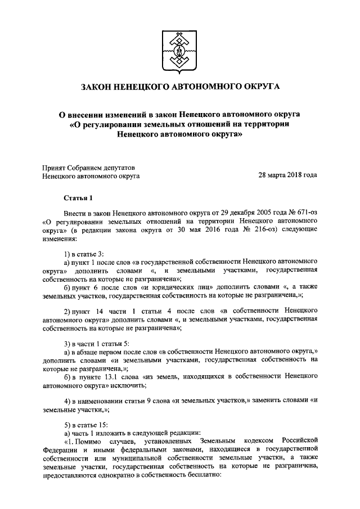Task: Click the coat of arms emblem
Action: pos(180,49)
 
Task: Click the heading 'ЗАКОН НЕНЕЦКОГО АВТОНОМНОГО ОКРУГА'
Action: pos(180,87)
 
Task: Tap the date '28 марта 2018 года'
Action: pos(287,175)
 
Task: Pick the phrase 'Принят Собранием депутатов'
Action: pos(89,167)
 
